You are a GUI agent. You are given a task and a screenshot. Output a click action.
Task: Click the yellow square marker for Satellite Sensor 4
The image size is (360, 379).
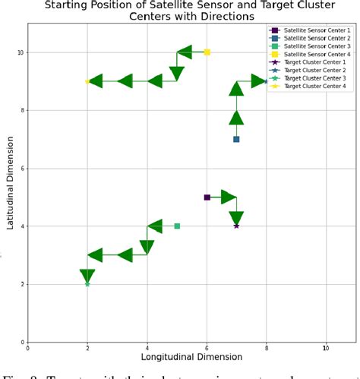click(207, 52)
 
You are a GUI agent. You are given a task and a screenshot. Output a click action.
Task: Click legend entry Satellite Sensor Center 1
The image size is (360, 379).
click(308, 30)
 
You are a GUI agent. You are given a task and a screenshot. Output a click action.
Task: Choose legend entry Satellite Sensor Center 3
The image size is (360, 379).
click(308, 46)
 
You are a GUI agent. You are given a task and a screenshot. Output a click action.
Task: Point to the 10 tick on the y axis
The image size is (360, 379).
click(20, 52)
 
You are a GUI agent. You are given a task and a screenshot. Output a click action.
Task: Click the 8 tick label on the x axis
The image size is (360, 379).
click(267, 349)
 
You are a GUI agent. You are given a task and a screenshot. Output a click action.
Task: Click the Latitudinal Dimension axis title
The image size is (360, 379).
click(9, 182)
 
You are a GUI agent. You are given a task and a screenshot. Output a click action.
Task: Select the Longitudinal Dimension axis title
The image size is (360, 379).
click(191, 356)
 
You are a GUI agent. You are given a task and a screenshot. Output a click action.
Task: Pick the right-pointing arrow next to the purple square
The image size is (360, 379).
click(228, 197)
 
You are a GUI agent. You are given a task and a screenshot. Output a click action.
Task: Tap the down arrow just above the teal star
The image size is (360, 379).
click(87, 276)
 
